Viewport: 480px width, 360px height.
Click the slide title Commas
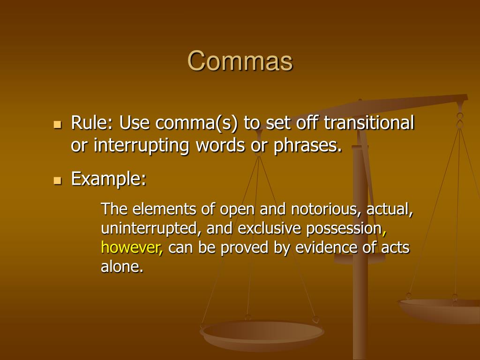(240, 61)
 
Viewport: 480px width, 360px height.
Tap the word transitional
(369, 124)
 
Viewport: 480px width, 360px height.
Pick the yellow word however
(131, 247)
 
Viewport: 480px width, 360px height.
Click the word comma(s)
(197, 124)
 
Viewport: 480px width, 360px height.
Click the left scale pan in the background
(262, 333)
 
